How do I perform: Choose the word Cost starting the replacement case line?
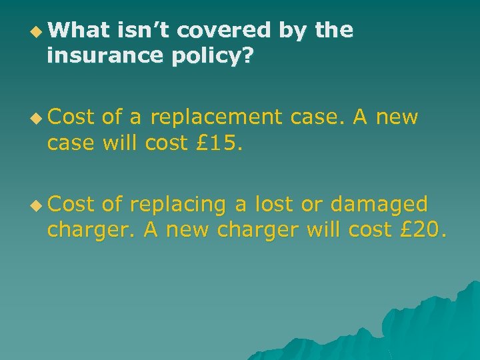coord(71,118)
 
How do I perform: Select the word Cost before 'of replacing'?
coord(71,205)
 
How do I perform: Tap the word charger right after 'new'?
coord(257,231)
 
